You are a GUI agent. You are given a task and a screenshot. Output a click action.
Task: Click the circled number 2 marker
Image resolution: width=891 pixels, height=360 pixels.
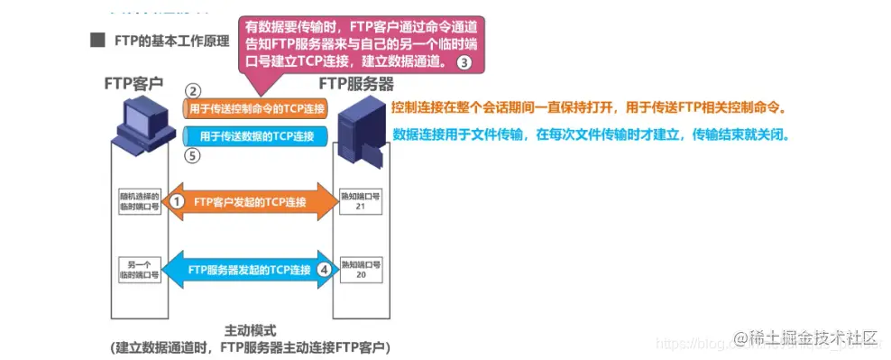coord(192,91)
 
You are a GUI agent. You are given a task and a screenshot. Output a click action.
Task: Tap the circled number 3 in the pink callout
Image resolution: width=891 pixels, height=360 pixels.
coord(464,62)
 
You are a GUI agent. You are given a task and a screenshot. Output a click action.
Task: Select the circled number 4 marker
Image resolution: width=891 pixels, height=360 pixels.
coord(326,269)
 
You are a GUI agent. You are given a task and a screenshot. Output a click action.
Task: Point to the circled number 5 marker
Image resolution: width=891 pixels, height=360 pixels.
coord(192,156)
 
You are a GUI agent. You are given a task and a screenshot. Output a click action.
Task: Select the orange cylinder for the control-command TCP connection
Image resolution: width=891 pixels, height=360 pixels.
coord(255,109)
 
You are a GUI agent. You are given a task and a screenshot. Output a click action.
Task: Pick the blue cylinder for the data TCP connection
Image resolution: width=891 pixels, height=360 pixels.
coord(255,136)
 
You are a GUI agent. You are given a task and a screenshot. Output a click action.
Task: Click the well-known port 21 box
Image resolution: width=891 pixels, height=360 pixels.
coord(361,201)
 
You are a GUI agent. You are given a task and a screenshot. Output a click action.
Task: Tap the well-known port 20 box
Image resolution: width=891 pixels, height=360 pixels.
coord(361,269)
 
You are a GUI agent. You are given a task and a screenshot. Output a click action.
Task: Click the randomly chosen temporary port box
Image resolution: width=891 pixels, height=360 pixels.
coord(138,201)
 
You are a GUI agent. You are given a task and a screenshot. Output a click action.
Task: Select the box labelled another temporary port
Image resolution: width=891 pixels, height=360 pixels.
coord(138,269)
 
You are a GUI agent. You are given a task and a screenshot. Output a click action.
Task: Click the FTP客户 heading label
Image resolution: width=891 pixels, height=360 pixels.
coord(133,83)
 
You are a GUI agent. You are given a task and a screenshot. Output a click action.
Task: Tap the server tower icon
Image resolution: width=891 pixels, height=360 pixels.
coord(361,135)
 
